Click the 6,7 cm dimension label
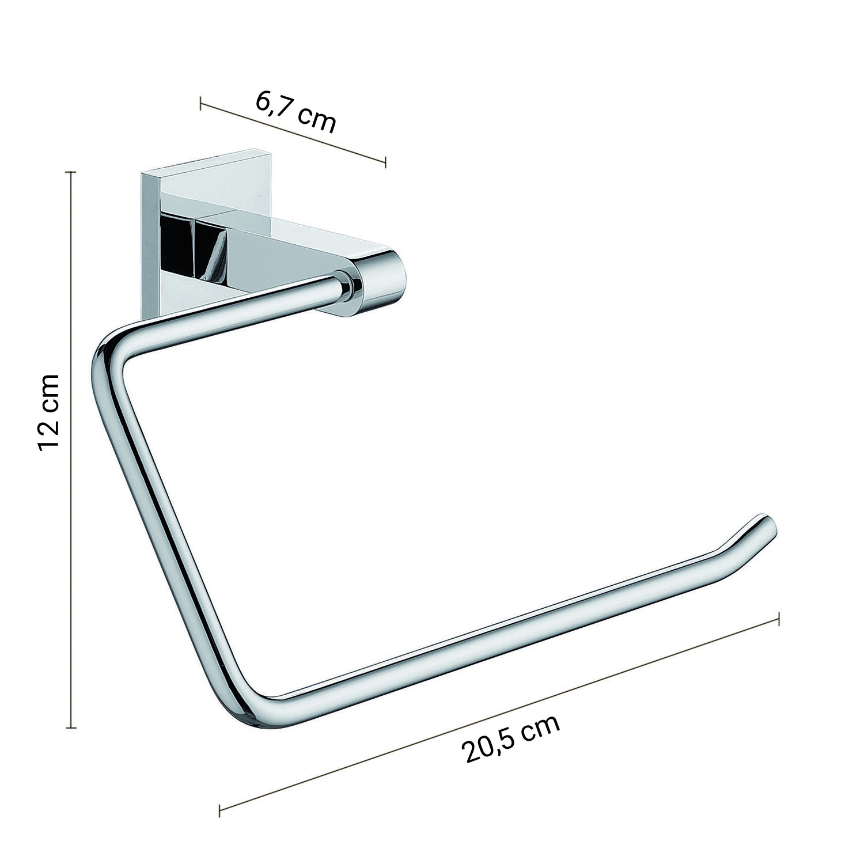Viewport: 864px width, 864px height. pyautogui.click(x=295, y=112)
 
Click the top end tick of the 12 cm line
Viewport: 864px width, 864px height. pyautogui.click(x=71, y=172)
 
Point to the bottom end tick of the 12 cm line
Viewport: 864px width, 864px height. pyautogui.click(x=71, y=728)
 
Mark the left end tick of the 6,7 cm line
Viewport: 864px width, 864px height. pyautogui.click(x=200, y=104)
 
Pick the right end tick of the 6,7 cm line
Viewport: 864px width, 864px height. pyautogui.click(x=385, y=162)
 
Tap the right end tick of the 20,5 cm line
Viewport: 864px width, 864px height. pyautogui.click(x=779, y=619)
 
